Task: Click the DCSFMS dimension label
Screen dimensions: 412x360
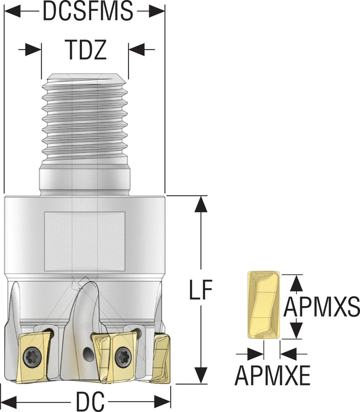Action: [88, 12]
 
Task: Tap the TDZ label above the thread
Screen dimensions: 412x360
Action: [85, 50]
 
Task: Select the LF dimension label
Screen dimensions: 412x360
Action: [200, 289]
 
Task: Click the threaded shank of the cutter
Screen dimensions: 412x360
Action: [85, 121]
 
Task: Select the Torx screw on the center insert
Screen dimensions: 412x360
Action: [122, 356]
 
